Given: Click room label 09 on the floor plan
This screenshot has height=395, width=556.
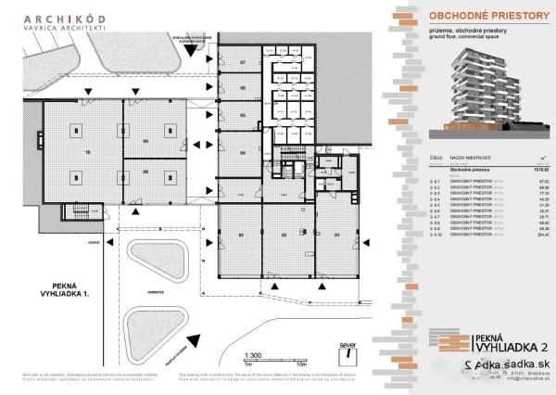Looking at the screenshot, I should pos(145,141).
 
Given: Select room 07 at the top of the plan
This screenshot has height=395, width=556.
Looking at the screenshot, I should pos(243,62).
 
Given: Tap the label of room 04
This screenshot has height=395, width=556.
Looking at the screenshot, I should pos(242,151).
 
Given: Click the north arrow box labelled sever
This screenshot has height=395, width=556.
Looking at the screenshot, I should pos(347,350).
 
